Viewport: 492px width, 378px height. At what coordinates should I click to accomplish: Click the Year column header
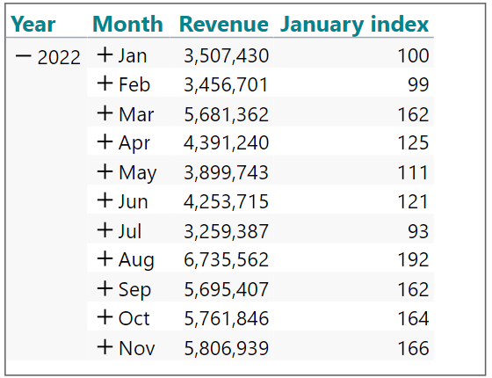(33, 25)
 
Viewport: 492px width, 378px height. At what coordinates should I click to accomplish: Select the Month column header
(127, 24)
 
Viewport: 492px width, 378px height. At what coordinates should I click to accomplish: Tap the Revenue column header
(224, 24)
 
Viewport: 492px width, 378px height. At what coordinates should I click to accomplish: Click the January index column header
(354, 25)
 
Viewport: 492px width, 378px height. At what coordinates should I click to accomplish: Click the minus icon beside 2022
(23, 56)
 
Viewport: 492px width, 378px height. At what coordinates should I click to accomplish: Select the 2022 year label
(59, 57)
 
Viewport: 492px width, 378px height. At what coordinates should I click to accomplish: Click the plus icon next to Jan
(105, 55)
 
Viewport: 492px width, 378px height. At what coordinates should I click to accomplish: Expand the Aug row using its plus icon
(105, 258)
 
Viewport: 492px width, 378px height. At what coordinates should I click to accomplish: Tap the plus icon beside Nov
(105, 347)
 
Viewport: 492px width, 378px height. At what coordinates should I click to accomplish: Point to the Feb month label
(134, 84)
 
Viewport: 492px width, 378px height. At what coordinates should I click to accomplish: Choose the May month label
(137, 173)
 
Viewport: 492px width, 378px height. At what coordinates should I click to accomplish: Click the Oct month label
(134, 318)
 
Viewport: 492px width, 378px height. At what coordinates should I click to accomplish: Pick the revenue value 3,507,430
(227, 56)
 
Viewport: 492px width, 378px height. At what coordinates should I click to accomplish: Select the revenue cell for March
(227, 114)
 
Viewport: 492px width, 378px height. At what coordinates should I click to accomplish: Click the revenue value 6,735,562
(227, 259)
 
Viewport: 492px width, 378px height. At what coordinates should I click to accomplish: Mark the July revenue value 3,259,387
(227, 231)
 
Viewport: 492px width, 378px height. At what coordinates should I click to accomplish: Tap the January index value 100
(413, 55)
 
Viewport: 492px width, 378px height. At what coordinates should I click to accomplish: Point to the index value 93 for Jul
(418, 231)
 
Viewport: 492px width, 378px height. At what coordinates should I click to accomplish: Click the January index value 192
(413, 259)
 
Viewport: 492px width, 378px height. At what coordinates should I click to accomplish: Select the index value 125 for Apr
(413, 142)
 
